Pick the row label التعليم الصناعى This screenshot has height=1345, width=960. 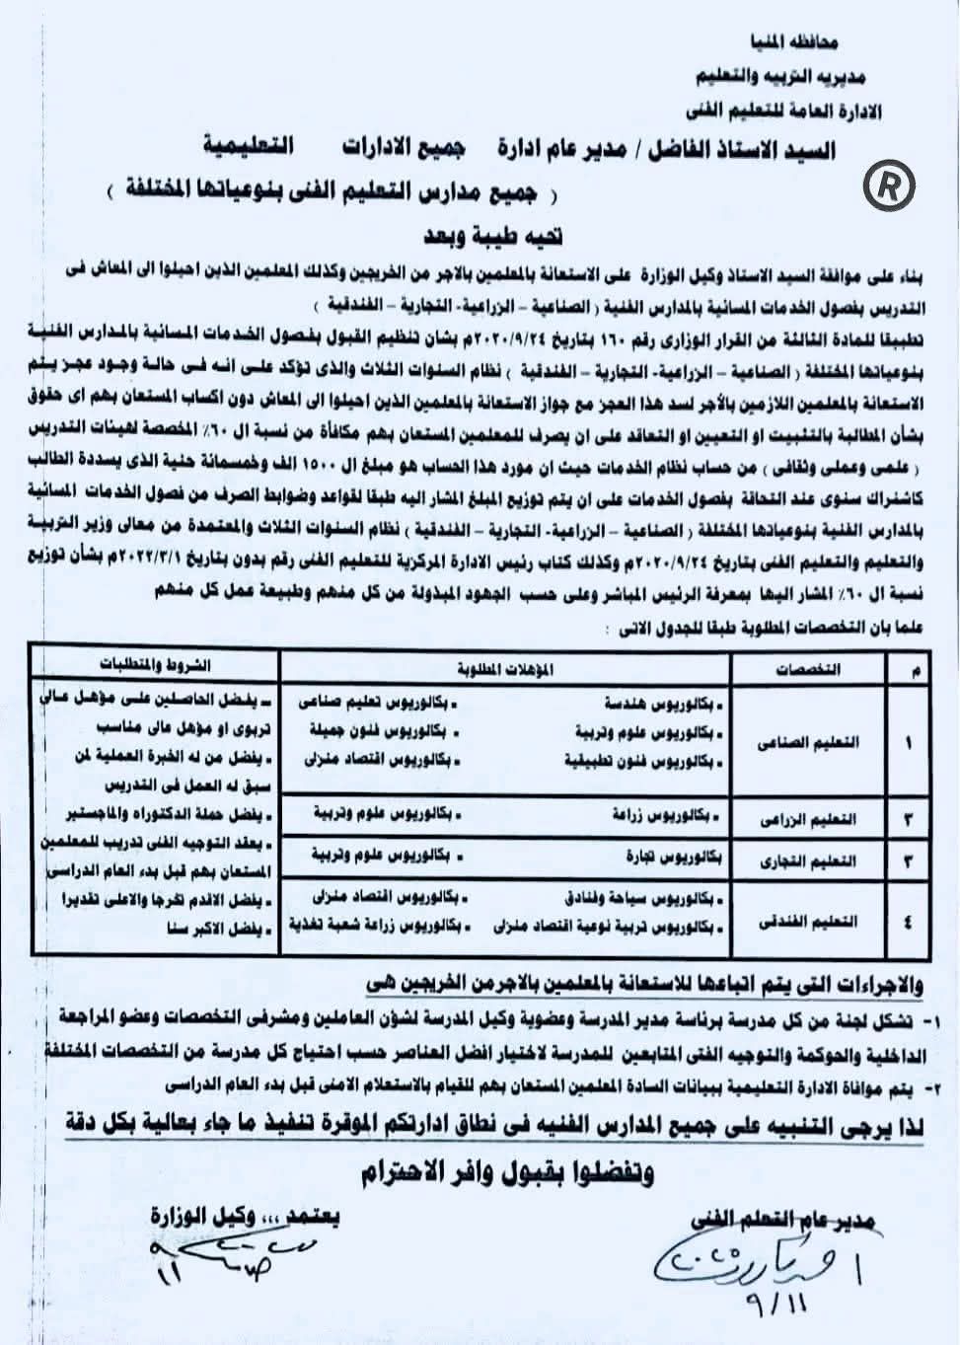click(808, 743)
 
